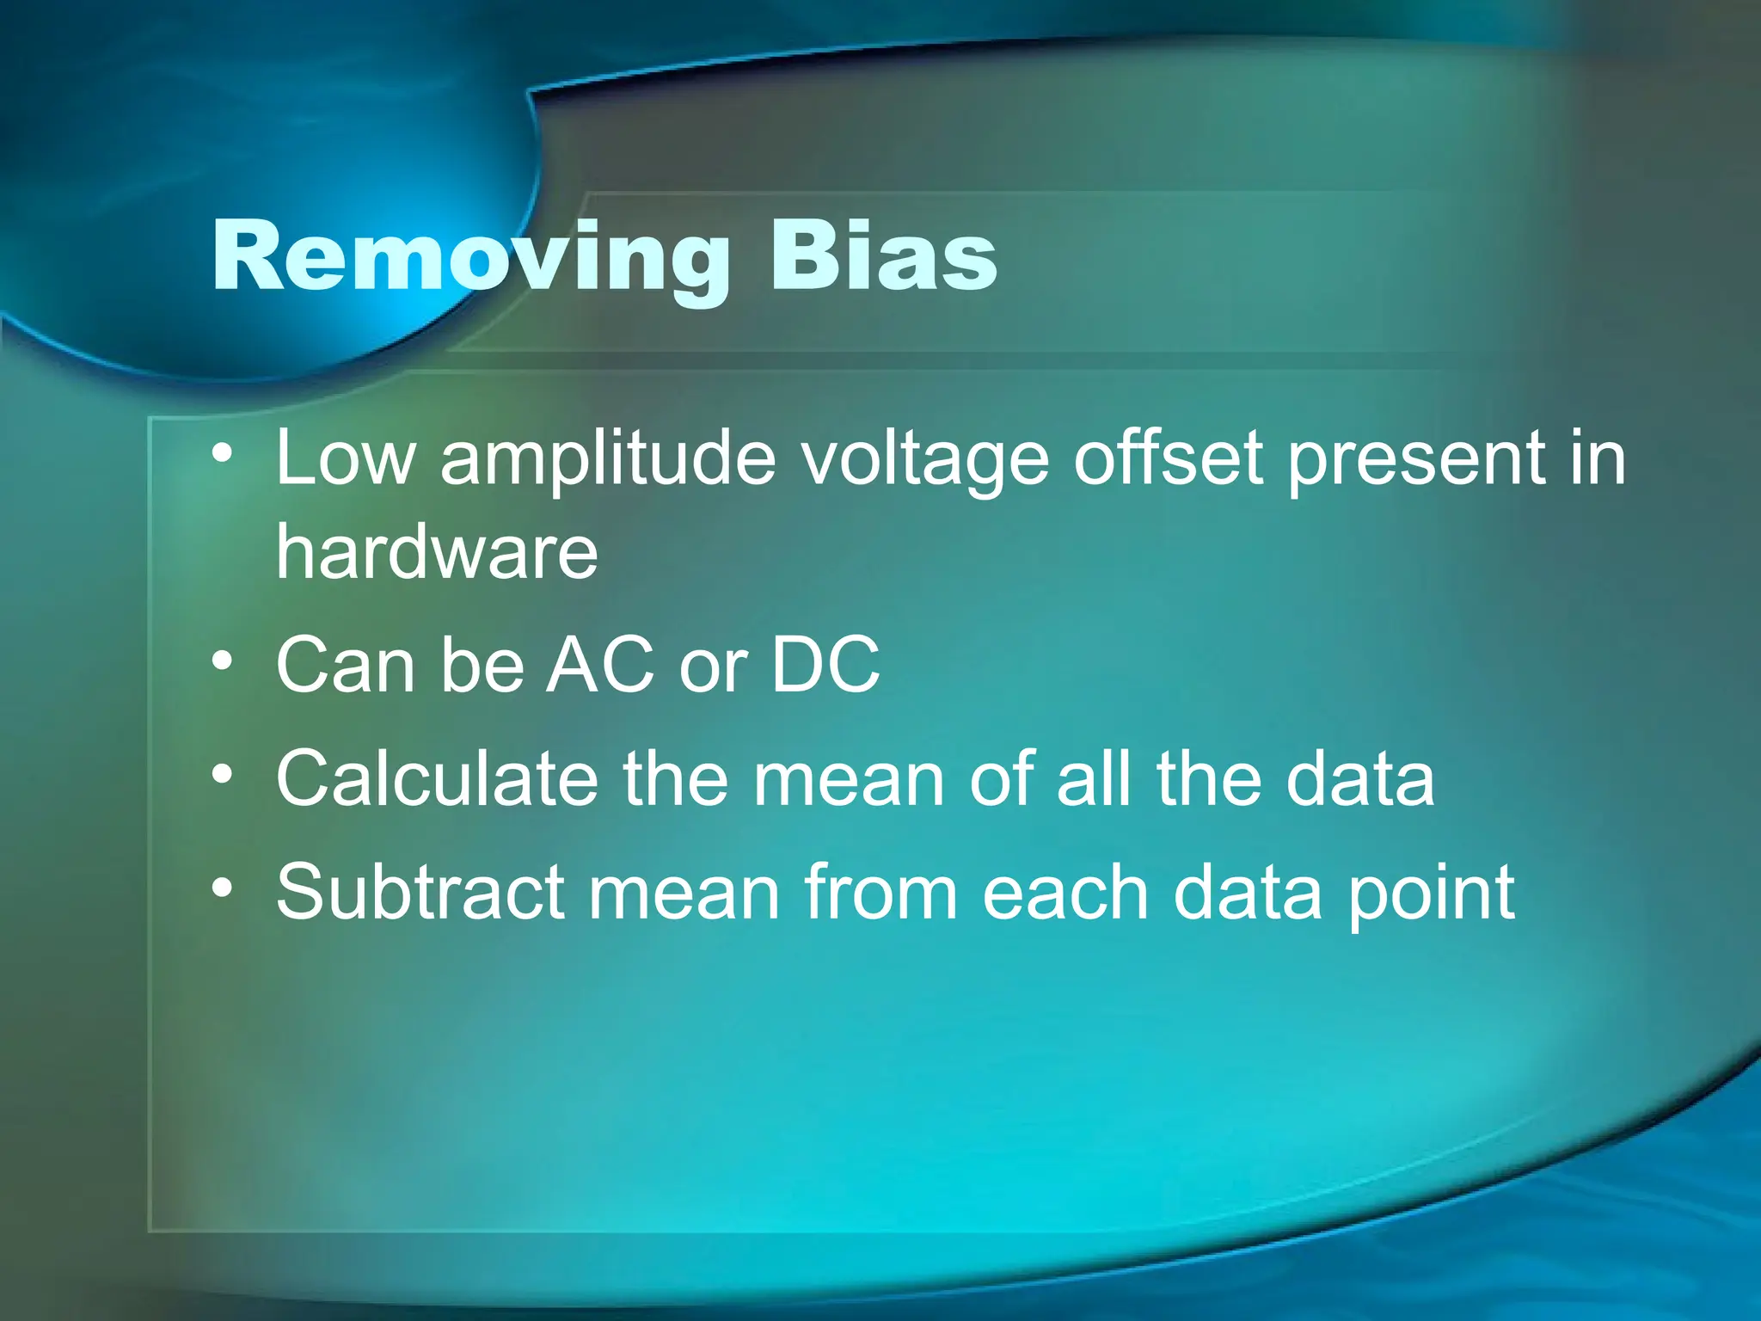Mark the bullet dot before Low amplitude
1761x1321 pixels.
point(223,453)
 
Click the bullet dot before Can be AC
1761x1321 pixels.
point(223,660)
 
